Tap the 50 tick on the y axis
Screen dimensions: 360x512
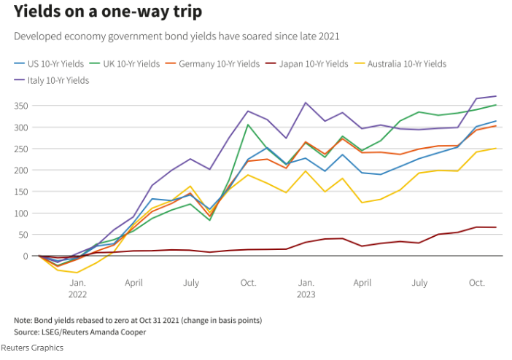(x=23, y=235)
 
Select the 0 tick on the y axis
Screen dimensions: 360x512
(x=26, y=257)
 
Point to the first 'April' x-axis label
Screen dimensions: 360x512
(x=133, y=282)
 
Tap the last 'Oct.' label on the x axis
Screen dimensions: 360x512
(x=476, y=282)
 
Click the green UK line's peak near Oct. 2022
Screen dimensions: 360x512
(x=248, y=125)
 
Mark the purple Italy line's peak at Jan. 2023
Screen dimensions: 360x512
(x=306, y=103)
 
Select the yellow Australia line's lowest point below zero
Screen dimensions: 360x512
(x=77, y=273)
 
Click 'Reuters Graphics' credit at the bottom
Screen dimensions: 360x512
(x=32, y=348)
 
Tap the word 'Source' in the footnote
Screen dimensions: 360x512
(x=27, y=332)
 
